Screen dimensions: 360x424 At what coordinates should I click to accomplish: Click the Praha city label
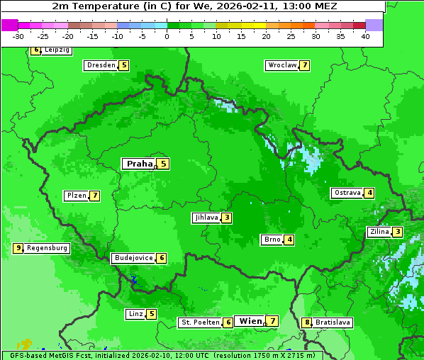coord(140,164)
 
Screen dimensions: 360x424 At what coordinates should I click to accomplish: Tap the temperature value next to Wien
coord(272,321)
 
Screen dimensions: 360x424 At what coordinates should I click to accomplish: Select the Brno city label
coord(272,240)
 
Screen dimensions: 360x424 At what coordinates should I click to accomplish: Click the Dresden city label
coord(101,65)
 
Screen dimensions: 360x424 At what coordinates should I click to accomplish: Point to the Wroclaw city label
coord(281,65)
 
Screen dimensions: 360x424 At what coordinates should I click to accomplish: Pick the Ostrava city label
coord(347,193)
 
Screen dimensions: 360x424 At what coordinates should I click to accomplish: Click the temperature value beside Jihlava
coord(226,218)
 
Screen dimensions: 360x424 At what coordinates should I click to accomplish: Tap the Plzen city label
coord(76,196)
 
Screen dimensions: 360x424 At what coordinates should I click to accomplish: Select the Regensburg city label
coord(47,248)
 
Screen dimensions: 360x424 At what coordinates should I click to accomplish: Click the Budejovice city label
coord(133,258)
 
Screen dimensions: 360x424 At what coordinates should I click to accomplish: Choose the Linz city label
coord(135,314)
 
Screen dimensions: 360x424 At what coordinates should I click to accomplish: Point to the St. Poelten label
coord(200,322)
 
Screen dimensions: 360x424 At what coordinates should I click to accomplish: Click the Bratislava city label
coord(333,322)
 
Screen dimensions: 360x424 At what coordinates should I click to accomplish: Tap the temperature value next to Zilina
coord(398,232)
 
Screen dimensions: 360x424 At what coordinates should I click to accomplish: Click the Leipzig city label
coord(57,50)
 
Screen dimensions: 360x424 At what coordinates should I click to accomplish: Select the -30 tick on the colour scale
coord(18,36)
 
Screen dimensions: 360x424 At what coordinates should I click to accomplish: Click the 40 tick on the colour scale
coord(364,36)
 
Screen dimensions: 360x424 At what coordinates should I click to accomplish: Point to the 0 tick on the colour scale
coord(167,36)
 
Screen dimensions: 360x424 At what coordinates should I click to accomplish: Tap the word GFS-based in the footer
coord(28,355)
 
